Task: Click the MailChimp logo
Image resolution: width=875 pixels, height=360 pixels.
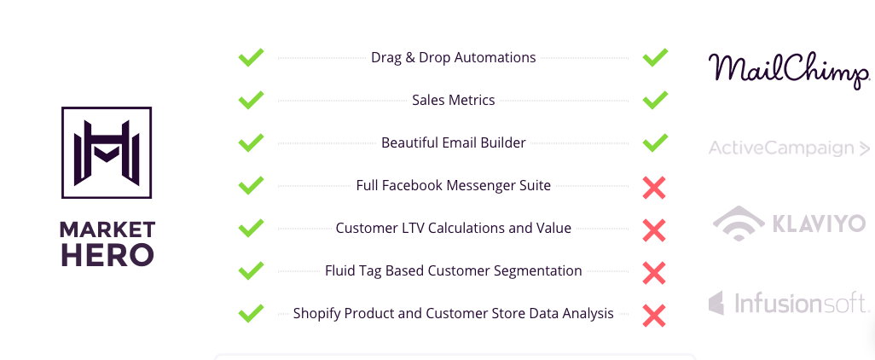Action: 789,70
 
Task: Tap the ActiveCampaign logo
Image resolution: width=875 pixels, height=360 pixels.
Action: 789,148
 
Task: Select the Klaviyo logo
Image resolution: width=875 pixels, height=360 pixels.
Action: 789,224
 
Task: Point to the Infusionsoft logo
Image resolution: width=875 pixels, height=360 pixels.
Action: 789,303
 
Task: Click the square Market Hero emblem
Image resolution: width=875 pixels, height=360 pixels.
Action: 107,153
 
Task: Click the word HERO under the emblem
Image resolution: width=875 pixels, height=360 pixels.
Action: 107,254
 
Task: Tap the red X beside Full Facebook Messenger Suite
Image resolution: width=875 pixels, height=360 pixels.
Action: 654,188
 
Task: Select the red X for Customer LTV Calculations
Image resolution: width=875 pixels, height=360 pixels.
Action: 654,230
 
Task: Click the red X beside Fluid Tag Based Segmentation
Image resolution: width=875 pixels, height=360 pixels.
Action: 654,273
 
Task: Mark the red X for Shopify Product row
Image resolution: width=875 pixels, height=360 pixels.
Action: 654,316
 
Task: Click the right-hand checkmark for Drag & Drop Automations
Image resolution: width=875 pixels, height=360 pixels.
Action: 655,57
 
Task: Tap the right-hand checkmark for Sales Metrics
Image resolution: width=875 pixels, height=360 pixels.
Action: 655,100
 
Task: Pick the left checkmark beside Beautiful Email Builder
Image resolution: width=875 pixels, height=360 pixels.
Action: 251,142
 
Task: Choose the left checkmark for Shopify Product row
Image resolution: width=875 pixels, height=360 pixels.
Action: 251,313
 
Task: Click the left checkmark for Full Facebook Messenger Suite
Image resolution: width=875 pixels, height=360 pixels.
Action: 251,185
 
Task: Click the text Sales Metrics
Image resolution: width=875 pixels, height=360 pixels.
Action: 454,100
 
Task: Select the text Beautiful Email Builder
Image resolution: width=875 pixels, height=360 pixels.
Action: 454,142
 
